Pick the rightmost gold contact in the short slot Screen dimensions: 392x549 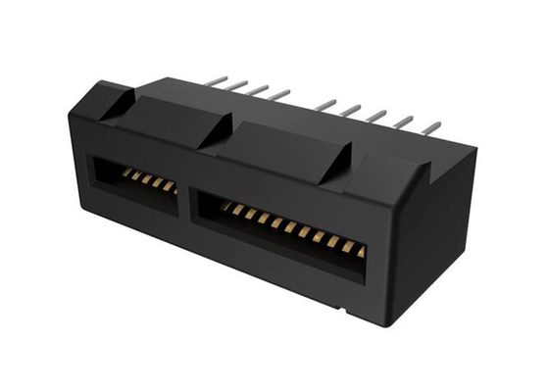pos(172,187)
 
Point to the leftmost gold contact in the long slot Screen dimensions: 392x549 pos(225,206)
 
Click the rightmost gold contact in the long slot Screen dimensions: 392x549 pos(361,252)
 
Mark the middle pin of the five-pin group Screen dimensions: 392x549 pos(378,116)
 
